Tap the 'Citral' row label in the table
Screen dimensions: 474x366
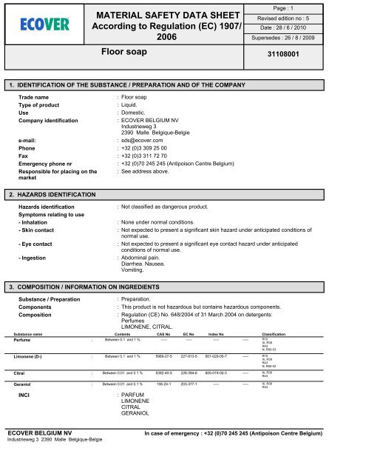point(25,373)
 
